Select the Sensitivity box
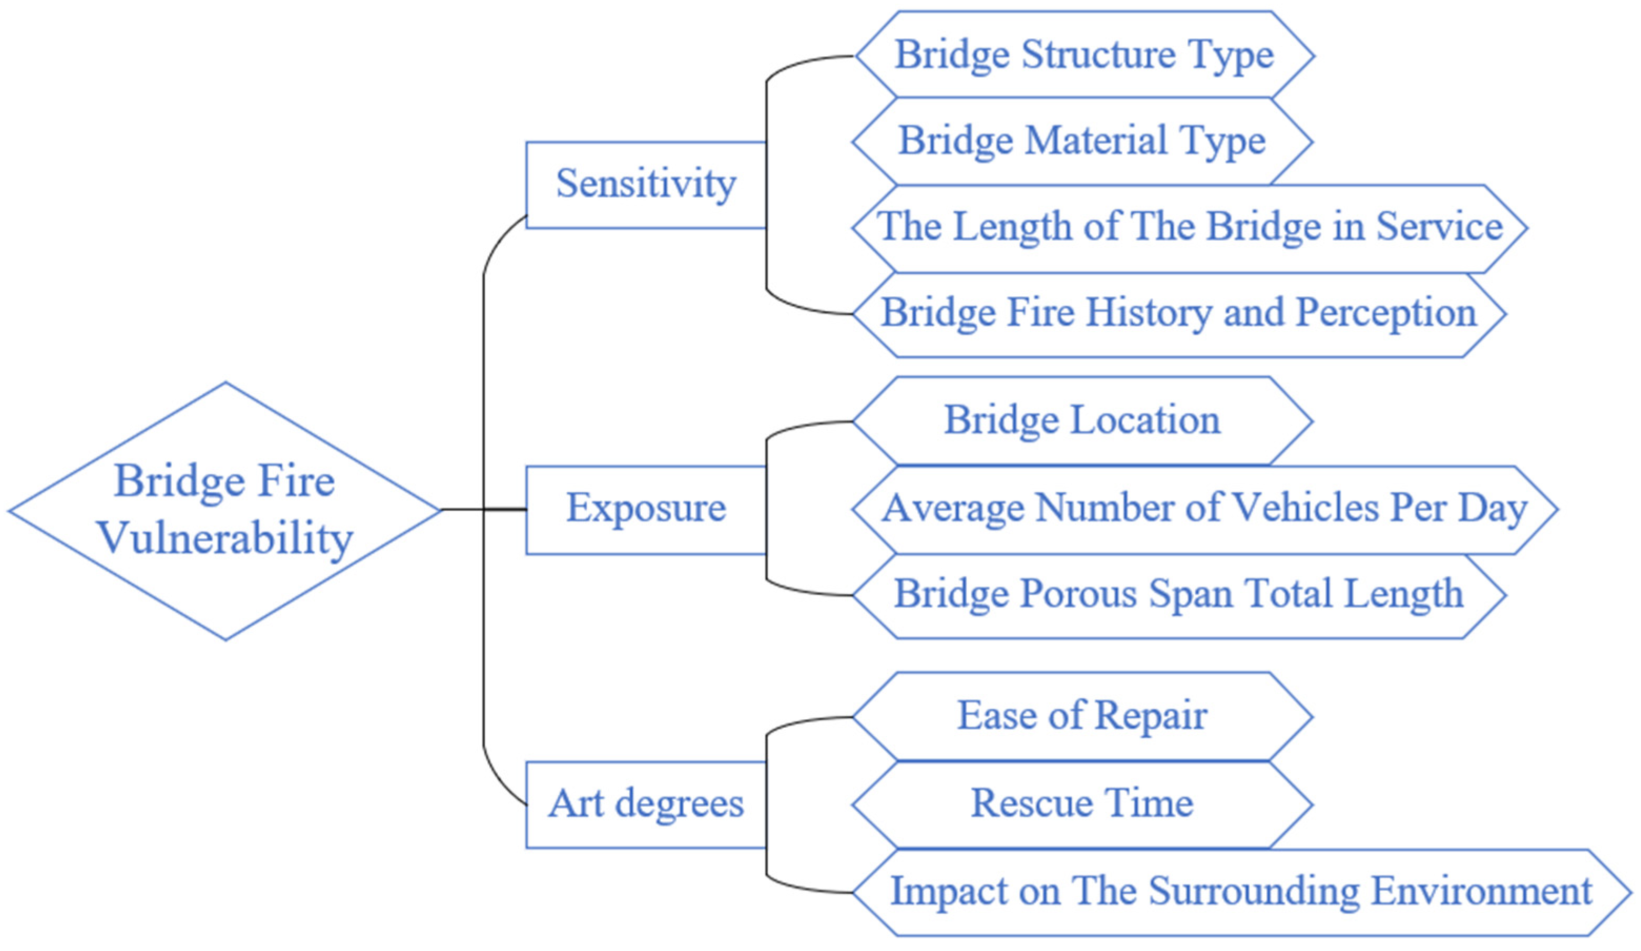[x=645, y=184]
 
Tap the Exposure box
[x=645, y=509]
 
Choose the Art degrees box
[x=645, y=804]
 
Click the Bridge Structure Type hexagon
[x=1084, y=55]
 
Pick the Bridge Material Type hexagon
[x=1082, y=141]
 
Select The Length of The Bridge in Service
[x=1189, y=228]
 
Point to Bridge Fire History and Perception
[x=1178, y=314]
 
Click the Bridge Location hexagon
[x=1082, y=420]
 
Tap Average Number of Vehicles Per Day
[x=1204, y=509]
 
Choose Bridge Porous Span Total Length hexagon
[x=1178, y=595]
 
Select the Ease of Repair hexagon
[x=1082, y=717]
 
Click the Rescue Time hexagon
[x=1082, y=804]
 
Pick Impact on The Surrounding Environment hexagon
[x=1240, y=892]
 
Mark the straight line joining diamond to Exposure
[x=483, y=509]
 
